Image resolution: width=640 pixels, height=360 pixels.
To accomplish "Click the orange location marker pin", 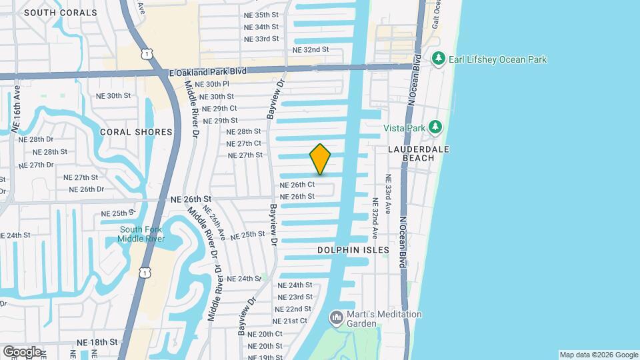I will [320, 160].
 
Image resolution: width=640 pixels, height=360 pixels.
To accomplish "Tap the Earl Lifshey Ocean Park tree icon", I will [438, 59].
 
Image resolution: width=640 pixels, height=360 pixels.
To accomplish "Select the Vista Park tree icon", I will [435, 127].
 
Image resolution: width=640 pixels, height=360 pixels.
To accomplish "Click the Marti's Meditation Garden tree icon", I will [336, 318].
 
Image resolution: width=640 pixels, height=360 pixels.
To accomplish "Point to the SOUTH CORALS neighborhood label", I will [51, 12].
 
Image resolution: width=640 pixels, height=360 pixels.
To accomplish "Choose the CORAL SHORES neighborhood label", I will [136, 132].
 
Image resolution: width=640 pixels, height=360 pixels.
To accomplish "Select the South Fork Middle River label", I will [141, 234].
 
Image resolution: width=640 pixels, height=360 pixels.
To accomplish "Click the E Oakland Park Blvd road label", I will [208, 71].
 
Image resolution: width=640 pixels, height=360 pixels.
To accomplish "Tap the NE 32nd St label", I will [311, 49].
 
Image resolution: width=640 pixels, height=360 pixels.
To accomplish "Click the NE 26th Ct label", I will [297, 185].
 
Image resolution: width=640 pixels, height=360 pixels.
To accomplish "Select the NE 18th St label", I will [97, 341].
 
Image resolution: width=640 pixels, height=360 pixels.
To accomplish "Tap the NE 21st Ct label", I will [290, 321].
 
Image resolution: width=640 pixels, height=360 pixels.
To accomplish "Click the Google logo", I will [22, 351].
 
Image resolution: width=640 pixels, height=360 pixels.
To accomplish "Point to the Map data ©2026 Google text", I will [598, 355].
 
